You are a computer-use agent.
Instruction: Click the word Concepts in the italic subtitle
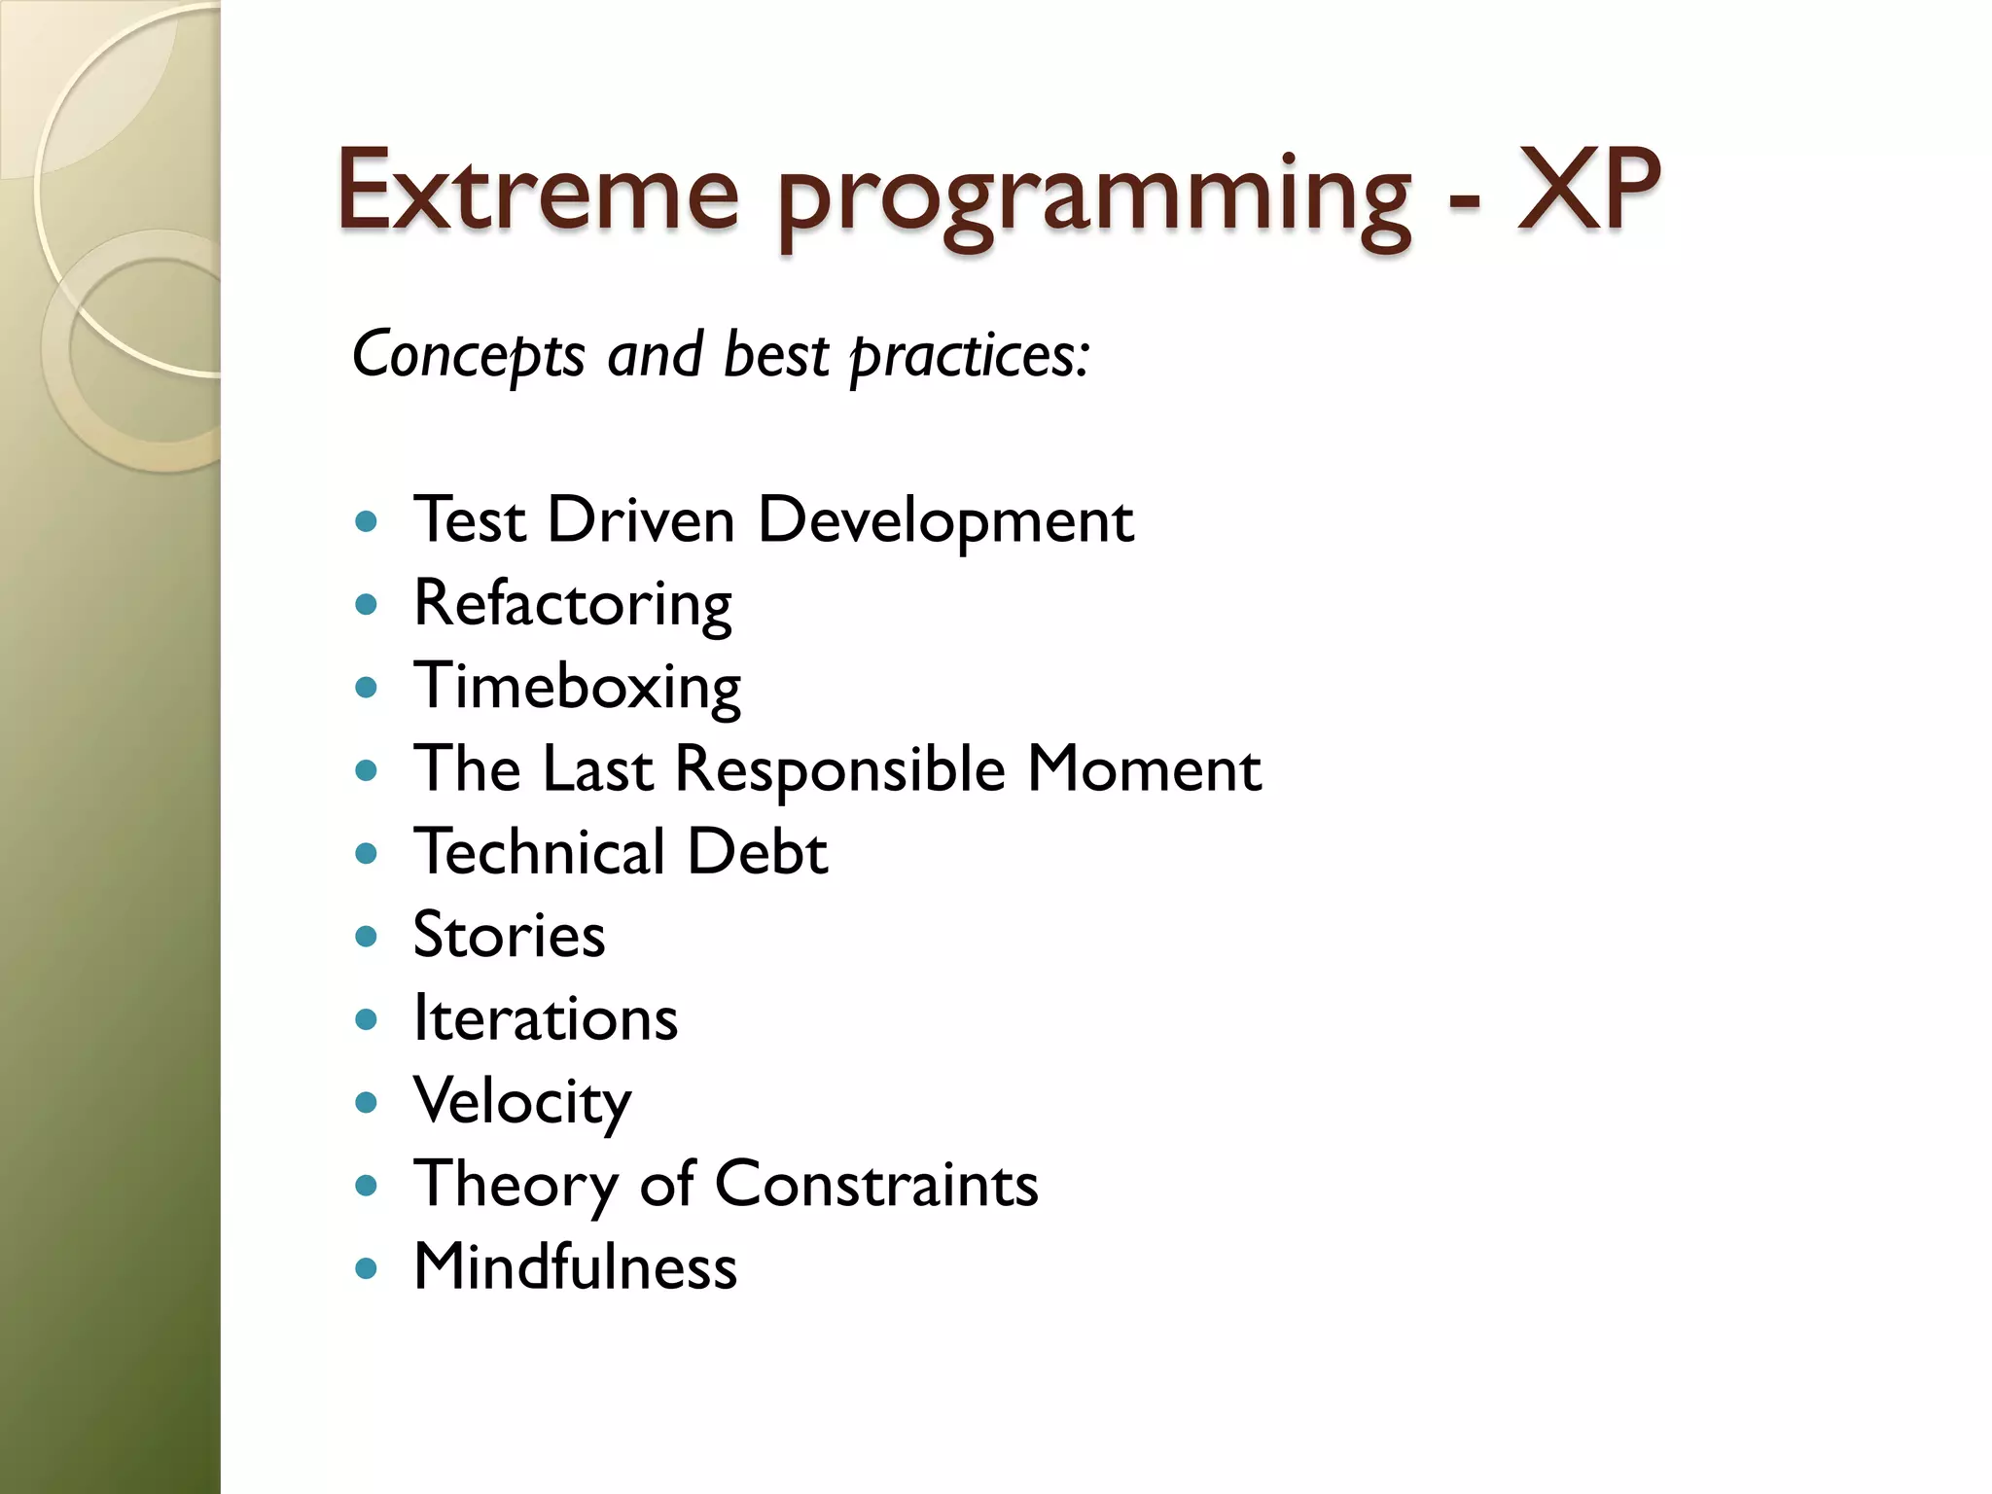click(x=468, y=355)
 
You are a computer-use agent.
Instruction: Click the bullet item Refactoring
click(x=572, y=604)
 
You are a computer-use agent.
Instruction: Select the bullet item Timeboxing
click(x=577, y=687)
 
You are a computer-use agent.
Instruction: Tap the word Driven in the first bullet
click(x=640, y=520)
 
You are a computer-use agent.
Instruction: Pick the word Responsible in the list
click(x=839, y=770)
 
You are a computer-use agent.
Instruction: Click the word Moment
click(x=1144, y=769)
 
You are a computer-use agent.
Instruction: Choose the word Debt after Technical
click(x=757, y=852)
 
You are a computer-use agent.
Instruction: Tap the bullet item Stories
click(x=509, y=936)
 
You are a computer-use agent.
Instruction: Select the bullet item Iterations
click(x=545, y=1018)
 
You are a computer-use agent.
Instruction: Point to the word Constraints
click(x=875, y=1185)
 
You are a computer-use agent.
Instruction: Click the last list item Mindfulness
click(x=575, y=1267)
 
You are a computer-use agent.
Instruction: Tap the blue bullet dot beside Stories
click(x=367, y=938)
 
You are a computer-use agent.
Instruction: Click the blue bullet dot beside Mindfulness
click(x=367, y=1269)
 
